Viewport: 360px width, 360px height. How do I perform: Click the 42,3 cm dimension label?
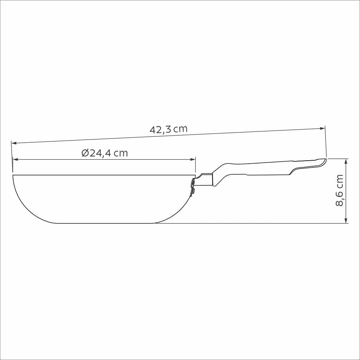click(x=168, y=129)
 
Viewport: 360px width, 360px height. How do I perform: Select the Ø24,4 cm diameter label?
click(x=104, y=153)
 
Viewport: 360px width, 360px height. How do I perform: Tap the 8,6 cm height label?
click(x=340, y=190)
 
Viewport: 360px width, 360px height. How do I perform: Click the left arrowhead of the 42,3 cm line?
click(x=14, y=143)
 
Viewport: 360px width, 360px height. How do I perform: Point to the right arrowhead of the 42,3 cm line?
click(x=322, y=129)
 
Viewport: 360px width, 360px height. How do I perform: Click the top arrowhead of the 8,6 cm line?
click(x=346, y=161)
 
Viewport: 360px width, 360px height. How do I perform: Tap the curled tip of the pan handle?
click(x=323, y=162)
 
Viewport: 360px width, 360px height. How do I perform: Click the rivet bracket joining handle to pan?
click(x=193, y=186)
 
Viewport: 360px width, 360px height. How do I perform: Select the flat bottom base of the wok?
click(x=105, y=223)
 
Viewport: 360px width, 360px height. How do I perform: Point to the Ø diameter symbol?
click(x=85, y=153)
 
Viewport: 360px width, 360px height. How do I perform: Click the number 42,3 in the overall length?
click(x=160, y=129)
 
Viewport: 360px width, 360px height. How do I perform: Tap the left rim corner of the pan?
click(x=13, y=175)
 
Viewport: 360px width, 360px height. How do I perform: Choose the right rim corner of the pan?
click(x=195, y=175)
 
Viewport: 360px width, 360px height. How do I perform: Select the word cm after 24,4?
click(x=120, y=153)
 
